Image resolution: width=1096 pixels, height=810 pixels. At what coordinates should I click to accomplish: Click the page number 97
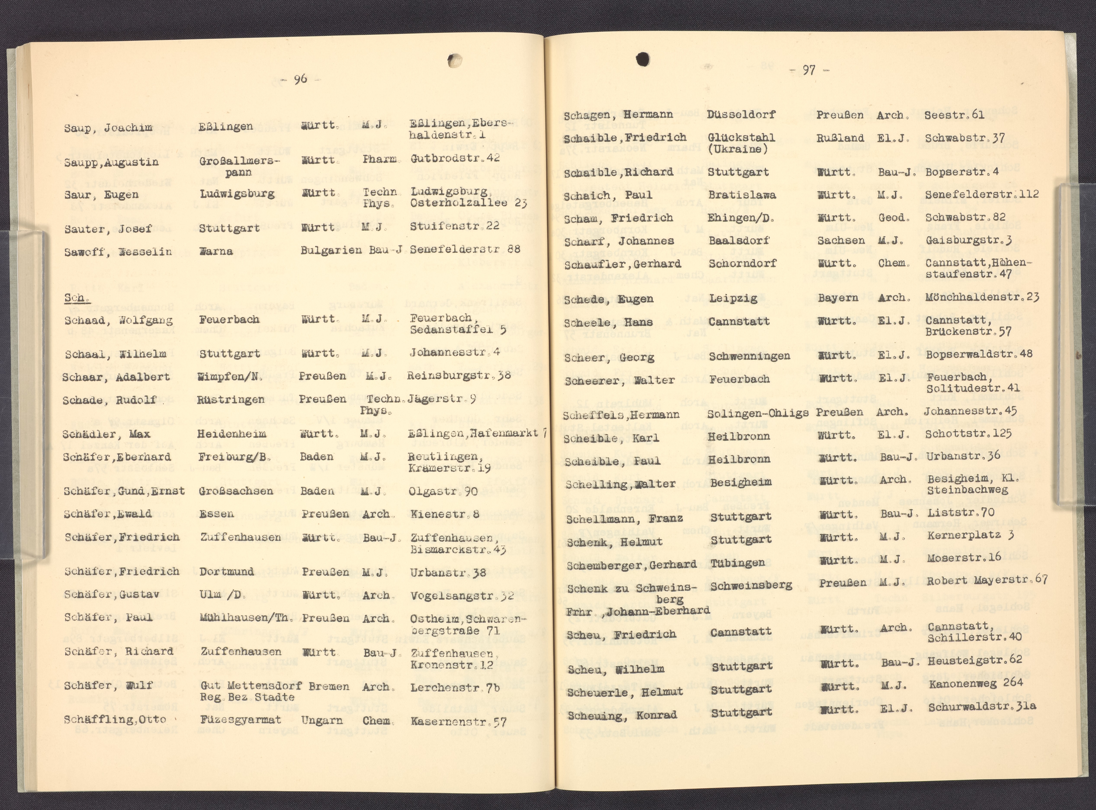(809, 71)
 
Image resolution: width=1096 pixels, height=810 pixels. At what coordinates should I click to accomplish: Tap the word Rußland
(840, 138)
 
